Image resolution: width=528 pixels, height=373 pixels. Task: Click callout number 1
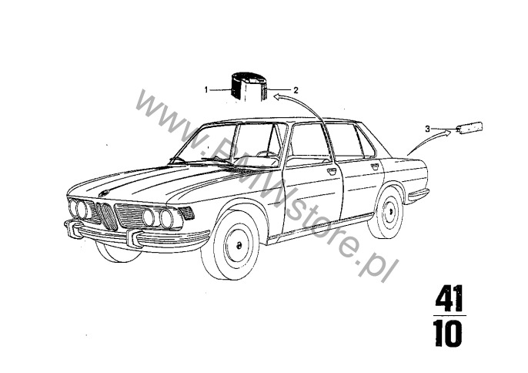point(206,89)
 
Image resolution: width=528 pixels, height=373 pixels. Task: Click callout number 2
point(296,90)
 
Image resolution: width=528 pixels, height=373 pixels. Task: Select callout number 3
point(428,129)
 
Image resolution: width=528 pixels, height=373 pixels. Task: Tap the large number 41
point(449,299)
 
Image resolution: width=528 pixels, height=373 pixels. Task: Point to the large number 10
point(447,333)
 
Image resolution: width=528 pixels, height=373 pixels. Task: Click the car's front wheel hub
point(239,245)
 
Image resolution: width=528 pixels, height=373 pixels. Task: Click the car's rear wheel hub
point(390,212)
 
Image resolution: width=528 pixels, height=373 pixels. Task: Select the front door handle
point(332,170)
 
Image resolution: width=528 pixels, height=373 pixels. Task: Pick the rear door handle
point(374,166)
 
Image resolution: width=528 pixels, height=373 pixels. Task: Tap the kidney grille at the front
point(106,216)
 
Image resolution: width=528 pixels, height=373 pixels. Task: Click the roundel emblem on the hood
point(102,193)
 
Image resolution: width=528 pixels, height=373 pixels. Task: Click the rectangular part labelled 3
point(469,127)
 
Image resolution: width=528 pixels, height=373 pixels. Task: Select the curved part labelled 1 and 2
point(249,86)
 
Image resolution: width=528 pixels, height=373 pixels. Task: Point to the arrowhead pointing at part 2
point(278,97)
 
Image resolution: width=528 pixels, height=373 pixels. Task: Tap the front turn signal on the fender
point(186,213)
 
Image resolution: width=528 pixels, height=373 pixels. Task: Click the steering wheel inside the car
point(267,154)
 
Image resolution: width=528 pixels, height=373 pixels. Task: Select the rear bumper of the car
point(417,194)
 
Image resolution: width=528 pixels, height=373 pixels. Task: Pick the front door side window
point(309,141)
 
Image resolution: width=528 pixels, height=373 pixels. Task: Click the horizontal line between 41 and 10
point(449,316)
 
